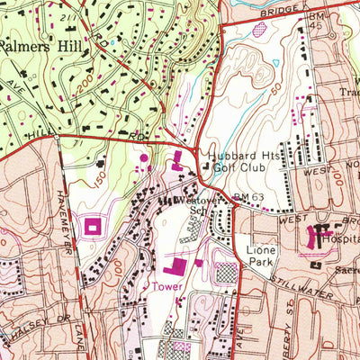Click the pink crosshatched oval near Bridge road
tap(261, 30)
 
